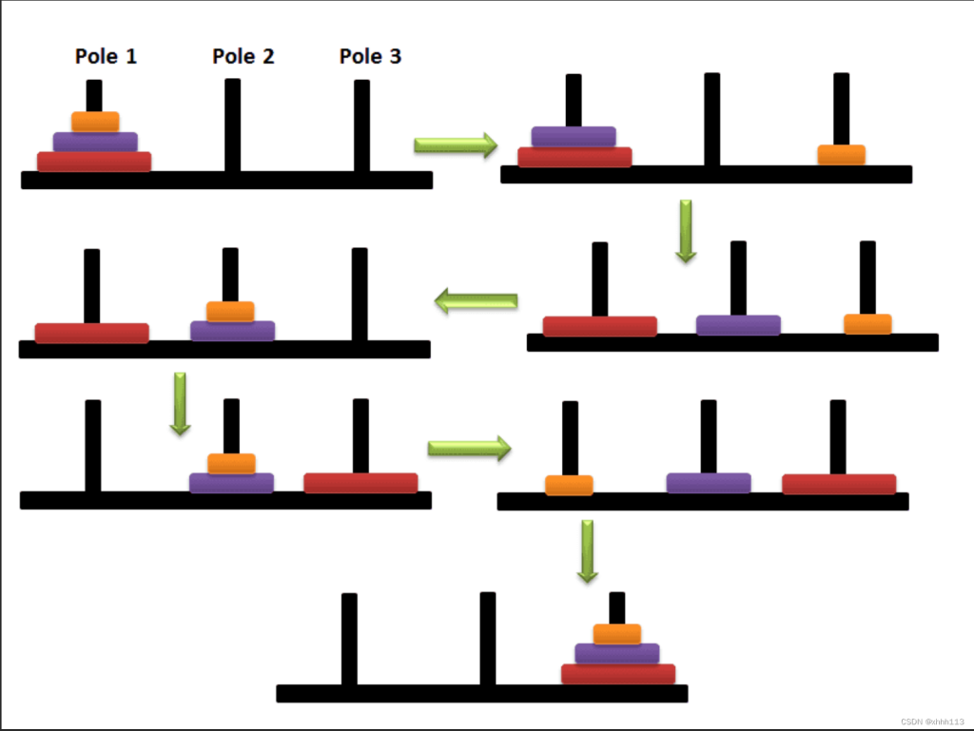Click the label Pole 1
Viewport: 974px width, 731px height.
(106, 56)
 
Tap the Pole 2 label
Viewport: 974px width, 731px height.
(243, 56)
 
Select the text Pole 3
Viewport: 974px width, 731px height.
(370, 56)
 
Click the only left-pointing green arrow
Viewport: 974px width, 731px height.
(476, 301)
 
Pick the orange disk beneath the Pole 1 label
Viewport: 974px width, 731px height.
(95, 122)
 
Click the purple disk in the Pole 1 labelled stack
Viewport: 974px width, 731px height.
(95, 142)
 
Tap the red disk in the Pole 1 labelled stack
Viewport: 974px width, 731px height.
(94, 162)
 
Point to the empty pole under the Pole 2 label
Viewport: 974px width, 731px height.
(232, 125)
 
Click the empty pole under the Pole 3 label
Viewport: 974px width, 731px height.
(361, 125)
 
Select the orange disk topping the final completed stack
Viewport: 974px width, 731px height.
(616, 634)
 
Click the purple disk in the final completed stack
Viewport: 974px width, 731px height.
(616, 653)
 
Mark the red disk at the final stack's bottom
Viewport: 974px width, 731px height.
(618, 674)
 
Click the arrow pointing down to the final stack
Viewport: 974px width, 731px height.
(588, 551)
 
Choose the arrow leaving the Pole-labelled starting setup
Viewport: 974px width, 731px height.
(456, 145)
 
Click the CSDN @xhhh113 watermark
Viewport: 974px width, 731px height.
(932, 721)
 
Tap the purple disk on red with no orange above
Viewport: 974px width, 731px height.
(574, 137)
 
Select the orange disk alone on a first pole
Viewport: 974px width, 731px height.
(569, 485)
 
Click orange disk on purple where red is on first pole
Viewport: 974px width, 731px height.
(230, 312)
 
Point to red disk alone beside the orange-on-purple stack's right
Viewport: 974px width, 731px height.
(360, 483)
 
